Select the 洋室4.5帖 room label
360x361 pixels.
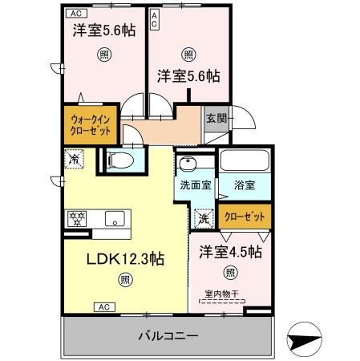coord(231,252)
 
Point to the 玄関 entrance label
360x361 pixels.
coord(216,118)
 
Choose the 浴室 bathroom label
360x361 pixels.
coord(245,185)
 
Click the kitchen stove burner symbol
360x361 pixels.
coord(79,217)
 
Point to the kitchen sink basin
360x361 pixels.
coord(114,217)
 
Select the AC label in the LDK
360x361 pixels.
coord(103,306)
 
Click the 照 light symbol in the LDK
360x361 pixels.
coord(126,279)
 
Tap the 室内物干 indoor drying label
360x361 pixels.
coord(227,294)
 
